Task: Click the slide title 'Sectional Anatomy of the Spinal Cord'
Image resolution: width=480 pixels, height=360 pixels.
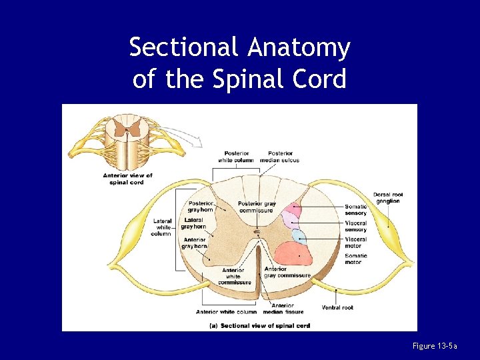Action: pyautogui.click(x=239, y=63)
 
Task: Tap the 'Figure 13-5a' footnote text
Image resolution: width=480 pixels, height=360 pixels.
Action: pyautogui.click(x=435, y=346)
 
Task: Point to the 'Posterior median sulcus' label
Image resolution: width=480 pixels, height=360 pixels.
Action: pyautogui.click(x=279, y=157)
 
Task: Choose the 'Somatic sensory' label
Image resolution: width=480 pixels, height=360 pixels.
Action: pyautogui.click(x=355, y=209)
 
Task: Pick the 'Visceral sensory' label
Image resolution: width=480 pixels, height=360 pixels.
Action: pyautogui.click(x=355, y=226)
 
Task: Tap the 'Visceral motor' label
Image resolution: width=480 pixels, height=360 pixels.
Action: pyautogui.click(x=355, y=242)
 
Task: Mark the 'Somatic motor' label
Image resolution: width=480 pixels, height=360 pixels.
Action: pyautogui.click(x=355, y=259)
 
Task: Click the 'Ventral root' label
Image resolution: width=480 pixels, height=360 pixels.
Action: pyautogui.click(x=337, y=307)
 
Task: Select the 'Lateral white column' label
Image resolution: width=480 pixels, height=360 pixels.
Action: pyautogui.click(x=162, y=227)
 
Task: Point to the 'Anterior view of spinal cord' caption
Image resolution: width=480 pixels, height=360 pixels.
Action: pyautogui.click(x=127, y=179)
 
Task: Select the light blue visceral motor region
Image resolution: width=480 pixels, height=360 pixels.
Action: pyautogui.click(x=299, y=236)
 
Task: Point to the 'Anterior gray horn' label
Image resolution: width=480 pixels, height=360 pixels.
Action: pyautogui.click(x=194, y=243)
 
